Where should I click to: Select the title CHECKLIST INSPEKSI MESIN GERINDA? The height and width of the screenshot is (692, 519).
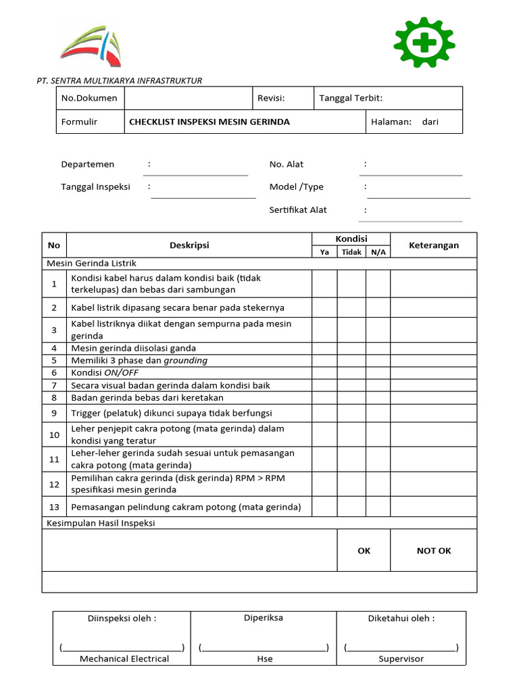point(209,122)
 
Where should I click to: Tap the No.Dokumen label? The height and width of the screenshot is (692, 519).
point(89,98)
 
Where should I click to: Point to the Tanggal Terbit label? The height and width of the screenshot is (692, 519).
point(351,98)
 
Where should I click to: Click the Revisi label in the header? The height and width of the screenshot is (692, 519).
point(271,98)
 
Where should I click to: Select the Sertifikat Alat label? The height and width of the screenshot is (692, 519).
point(298,210)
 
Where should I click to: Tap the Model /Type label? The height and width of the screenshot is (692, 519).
point(297,187)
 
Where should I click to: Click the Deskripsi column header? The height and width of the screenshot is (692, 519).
point(189,245)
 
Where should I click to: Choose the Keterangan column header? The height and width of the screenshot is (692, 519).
point(433,245)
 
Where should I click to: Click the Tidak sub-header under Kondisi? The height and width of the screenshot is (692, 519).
point(351,252)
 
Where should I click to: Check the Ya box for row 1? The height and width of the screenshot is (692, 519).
point(324,284)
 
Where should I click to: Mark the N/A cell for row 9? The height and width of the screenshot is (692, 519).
point(378,413)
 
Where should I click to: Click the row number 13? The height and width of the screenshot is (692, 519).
point(54,507)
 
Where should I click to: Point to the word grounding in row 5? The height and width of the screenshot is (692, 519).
point(186,361)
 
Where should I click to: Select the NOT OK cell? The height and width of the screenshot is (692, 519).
point(433,551)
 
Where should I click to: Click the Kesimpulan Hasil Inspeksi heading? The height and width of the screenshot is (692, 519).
point(101,523)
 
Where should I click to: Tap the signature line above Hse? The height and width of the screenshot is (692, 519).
point(264,647)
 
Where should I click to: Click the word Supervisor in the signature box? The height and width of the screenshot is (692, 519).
point(401,659)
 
